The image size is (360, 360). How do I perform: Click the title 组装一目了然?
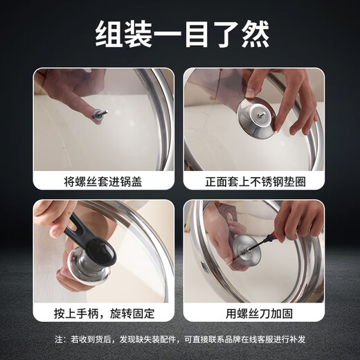click(180, 33)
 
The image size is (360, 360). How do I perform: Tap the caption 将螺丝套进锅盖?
click(104, 183)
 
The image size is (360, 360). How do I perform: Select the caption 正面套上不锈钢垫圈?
click(254, 183)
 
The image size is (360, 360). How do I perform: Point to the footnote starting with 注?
click(180, 341)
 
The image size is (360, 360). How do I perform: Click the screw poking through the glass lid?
click(101, 114)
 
